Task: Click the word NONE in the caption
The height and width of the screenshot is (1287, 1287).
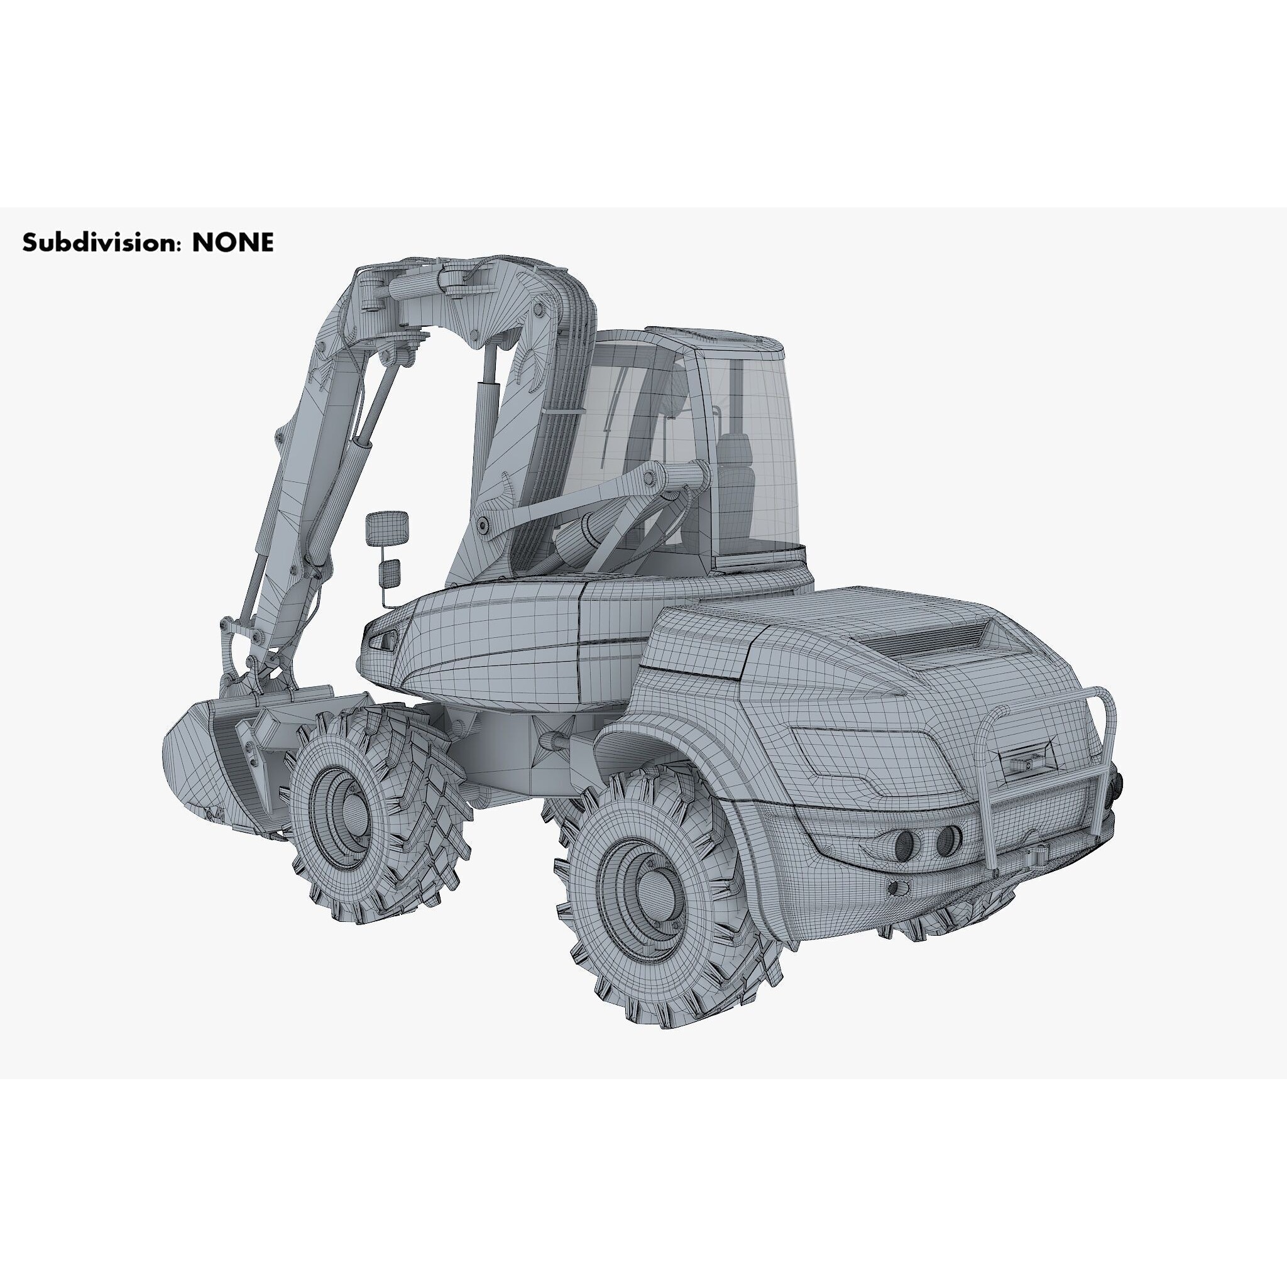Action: coord(233,243)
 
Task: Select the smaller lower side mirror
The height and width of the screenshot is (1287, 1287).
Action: coord(389,572)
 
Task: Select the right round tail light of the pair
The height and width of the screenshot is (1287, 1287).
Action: coord(948,841)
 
